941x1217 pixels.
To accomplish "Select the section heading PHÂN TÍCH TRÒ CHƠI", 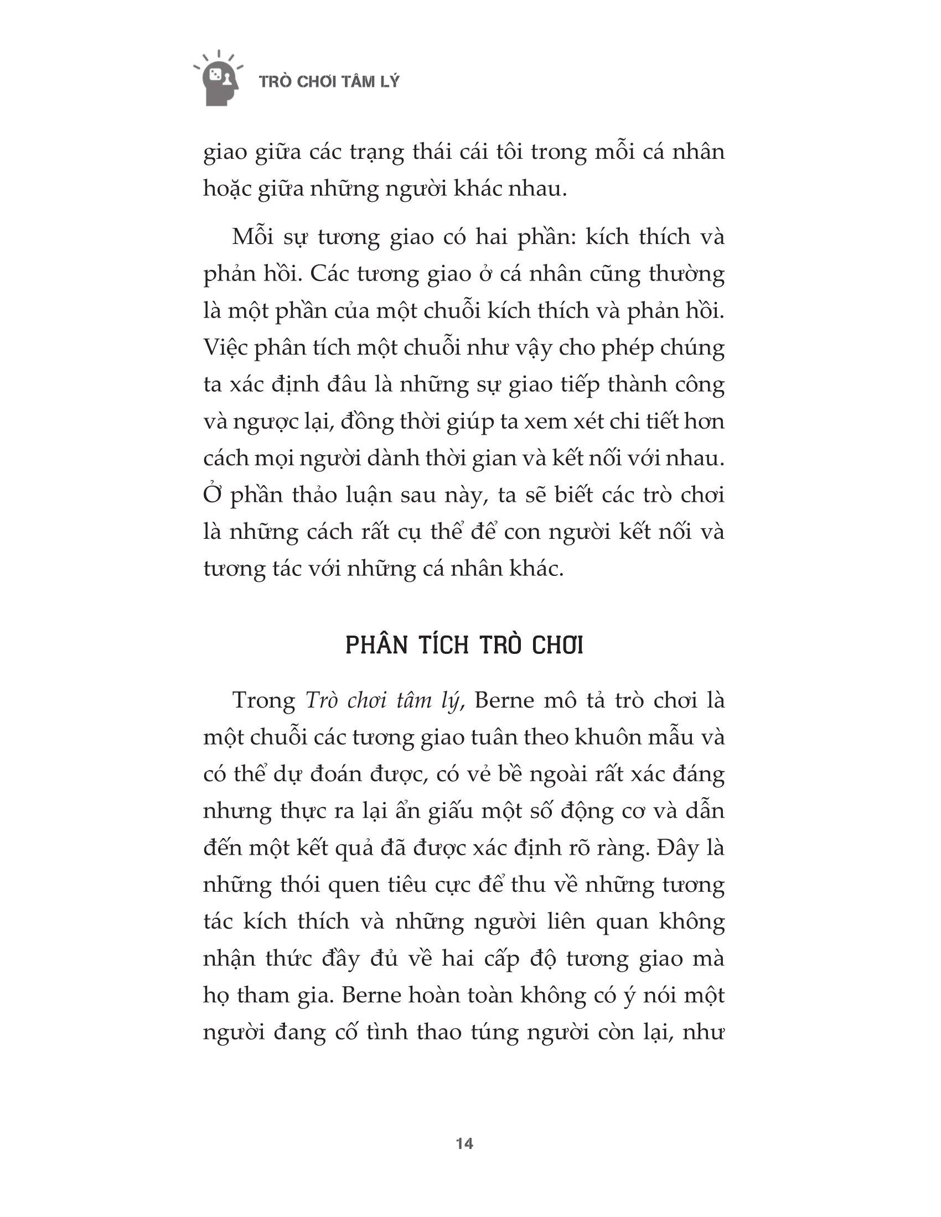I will click(464, 646).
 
